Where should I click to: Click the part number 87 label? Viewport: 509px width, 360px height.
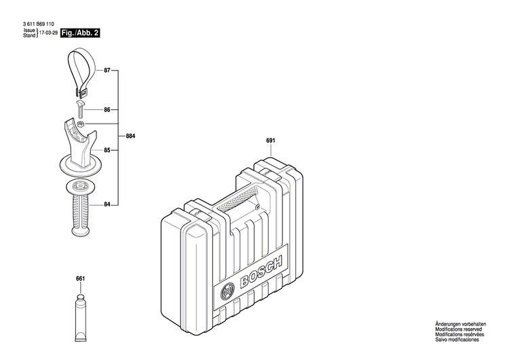coord(107,70)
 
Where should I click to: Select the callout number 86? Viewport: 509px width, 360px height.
coord(107,109)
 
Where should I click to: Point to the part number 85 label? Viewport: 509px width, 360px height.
coord(107,150)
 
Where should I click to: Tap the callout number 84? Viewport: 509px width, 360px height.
coord(107,204)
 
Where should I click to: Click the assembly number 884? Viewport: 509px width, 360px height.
coord(130,137)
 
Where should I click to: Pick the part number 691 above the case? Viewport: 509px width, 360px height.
coord(270,141)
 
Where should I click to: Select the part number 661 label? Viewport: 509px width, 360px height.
coord(81,278)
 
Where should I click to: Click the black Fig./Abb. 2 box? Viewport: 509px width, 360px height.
coord(80,33)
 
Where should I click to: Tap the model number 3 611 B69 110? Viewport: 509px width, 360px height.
coord(43,24)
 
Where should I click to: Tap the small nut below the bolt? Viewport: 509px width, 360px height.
coord(81,124)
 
